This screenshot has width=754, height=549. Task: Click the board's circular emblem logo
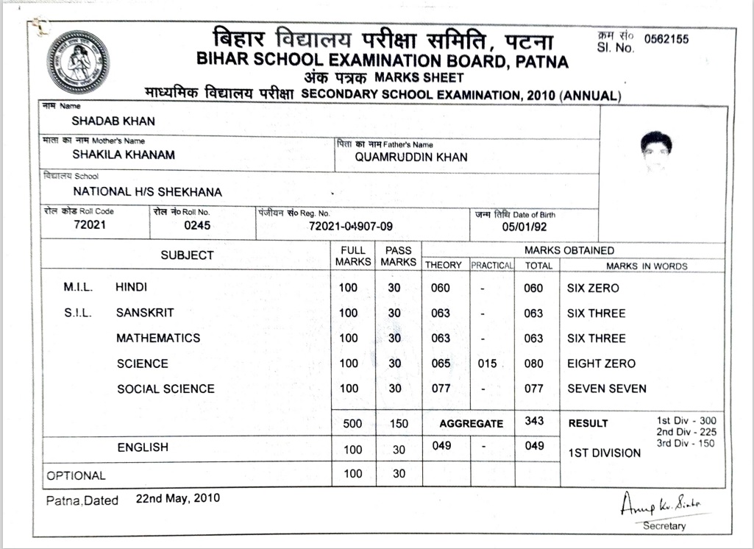point(78,62)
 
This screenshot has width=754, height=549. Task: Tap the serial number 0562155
point(666,39)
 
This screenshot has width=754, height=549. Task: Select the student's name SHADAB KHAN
point(113,121)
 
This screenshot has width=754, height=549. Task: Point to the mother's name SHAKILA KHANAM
point(124,155)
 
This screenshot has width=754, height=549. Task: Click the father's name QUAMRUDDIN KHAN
point(411,157)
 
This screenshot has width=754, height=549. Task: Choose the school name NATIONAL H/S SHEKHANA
point(147,192)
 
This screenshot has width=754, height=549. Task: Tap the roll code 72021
point(90,224)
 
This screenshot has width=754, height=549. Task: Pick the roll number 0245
point(197,225)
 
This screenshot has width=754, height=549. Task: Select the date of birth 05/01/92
point(524,227)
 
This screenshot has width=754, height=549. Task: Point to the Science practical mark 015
point(487,364)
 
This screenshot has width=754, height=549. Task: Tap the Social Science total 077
point(533,389)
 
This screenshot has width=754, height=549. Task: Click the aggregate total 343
point(535,420)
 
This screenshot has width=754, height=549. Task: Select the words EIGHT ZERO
point(601,364)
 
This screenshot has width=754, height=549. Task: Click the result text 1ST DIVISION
point(604,453)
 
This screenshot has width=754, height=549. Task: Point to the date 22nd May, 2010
point(177,498)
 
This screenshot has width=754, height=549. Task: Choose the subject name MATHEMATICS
point(158,339)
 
